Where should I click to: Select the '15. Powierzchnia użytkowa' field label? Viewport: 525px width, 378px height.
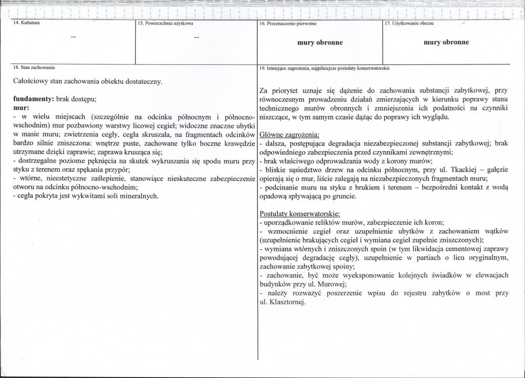click(x=166, y=23)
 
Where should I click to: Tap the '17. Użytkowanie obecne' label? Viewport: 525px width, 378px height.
click(x=409, y=23)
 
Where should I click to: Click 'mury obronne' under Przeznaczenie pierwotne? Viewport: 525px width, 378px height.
click(x=320, y=43)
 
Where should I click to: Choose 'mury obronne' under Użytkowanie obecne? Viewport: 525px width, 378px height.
click(x=446, y=42)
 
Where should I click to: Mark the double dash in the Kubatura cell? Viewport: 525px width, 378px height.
click(x=73, y=37)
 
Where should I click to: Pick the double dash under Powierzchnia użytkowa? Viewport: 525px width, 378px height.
click(x=197, y=38)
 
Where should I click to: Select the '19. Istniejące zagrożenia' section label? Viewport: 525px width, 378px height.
click(x=324, y=68)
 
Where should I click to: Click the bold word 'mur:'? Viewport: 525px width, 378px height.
click(x=21, y=108)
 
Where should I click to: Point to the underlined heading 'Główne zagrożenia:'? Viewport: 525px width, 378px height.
click(x=289, y=134)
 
